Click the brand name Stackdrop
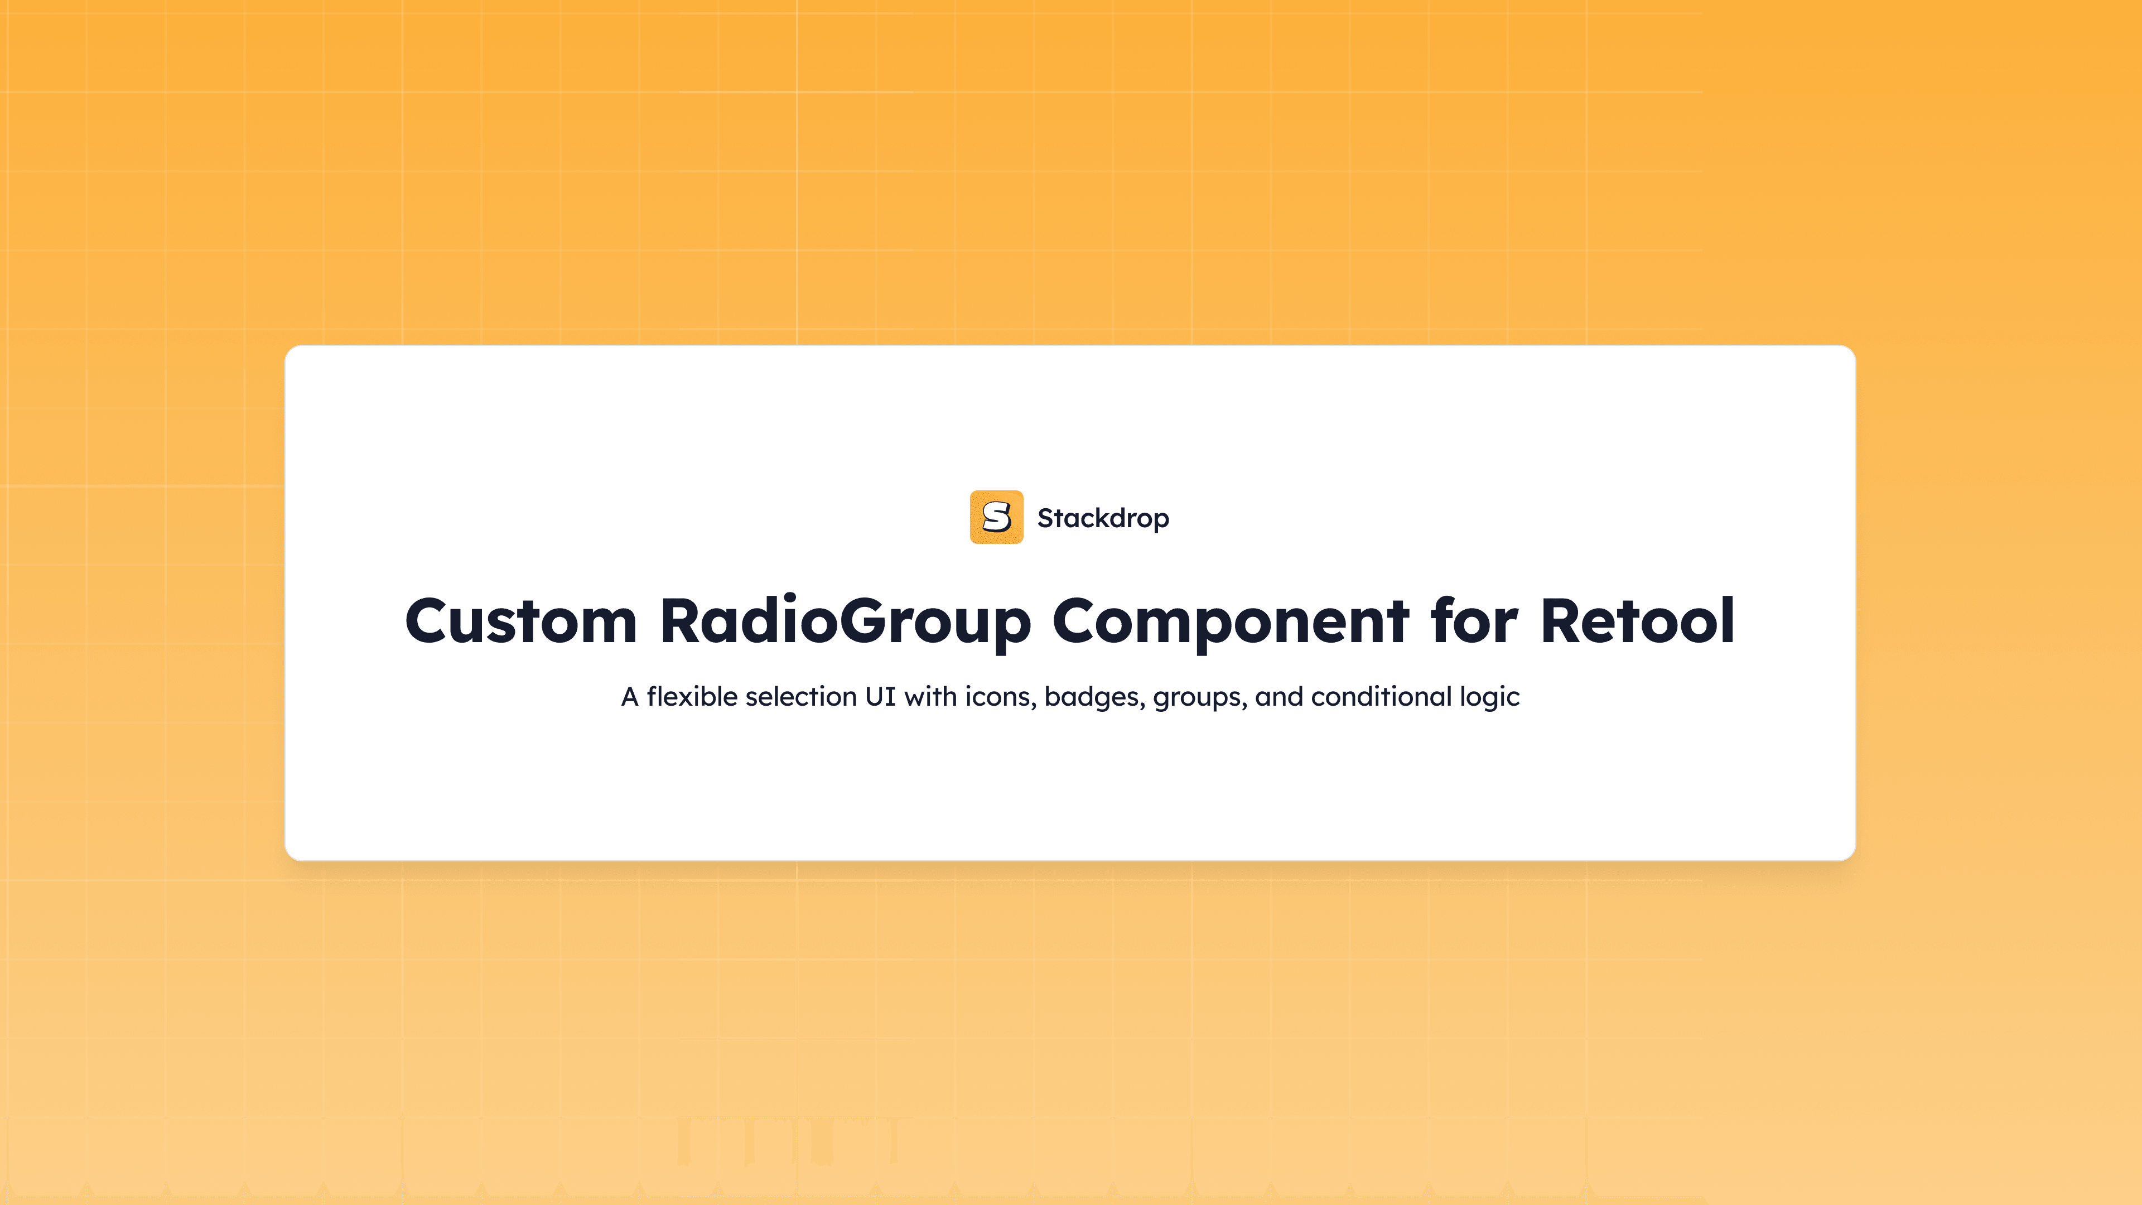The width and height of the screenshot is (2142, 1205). [x=1103, y=518]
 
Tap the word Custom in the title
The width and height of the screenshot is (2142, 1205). [x=520, y=621]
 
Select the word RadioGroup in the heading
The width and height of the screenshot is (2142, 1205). [x=845, y=621]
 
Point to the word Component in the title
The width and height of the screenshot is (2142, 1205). [x=1230, y=621]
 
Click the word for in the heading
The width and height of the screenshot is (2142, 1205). [x=1473, y=621]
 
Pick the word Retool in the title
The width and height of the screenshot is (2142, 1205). [x=1637, y=621]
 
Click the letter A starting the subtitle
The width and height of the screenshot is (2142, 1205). [x=629, y=697]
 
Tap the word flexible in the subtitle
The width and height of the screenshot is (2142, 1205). [x=692, y=697]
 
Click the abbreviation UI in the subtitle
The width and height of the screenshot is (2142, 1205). [x=880, y=697]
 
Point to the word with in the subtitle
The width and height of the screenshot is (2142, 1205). [x=930, y=697]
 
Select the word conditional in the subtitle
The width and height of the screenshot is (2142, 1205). [x=1381, y=697]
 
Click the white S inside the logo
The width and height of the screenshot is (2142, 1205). [x=996, y=517]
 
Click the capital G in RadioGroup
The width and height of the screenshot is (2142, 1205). [x=865, y=621]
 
